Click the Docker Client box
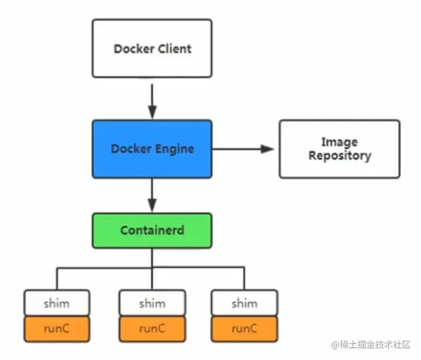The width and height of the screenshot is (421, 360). click(152, 48)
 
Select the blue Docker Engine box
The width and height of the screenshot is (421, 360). click(152, 148)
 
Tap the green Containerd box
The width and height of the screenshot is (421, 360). click(152, 230)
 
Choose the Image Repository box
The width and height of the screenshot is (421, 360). click(339, 148)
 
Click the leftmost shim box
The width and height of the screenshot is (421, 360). click(56, 303)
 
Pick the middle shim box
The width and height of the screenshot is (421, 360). click(152, 303)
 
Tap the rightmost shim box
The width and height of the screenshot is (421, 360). click(244, 303)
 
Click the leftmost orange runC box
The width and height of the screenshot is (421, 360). click(56, 328)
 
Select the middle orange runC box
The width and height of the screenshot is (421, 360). click(152, 328)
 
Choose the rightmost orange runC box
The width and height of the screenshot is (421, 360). click(244, 328)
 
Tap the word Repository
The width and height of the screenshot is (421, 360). click(339, 156)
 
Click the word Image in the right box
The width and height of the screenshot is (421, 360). click(339, 142)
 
